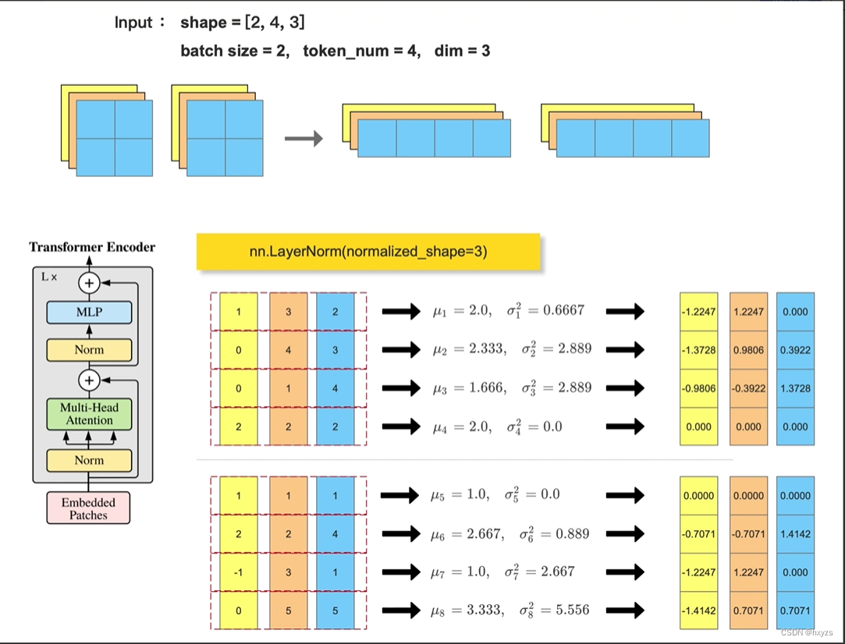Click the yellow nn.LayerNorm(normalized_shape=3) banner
tap(368, 251)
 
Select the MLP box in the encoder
tap(89, 313)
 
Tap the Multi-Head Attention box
tap(89, 413)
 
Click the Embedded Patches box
tap(88, 508)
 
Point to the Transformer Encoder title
tap(92, 247)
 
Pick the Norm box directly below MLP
tap(89, 349)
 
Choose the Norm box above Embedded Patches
tap(89, 460)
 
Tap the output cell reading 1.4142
tap(795, 534)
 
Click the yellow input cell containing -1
tap(239, 572)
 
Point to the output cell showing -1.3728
tap(698, 350)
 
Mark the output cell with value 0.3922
tap(795, 350)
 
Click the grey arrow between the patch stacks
tap(303, 139)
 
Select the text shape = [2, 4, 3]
tap(242, 23)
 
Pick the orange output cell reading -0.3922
tap(748, 388)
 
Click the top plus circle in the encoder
tap(90, 283)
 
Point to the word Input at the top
tap(134, 23)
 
